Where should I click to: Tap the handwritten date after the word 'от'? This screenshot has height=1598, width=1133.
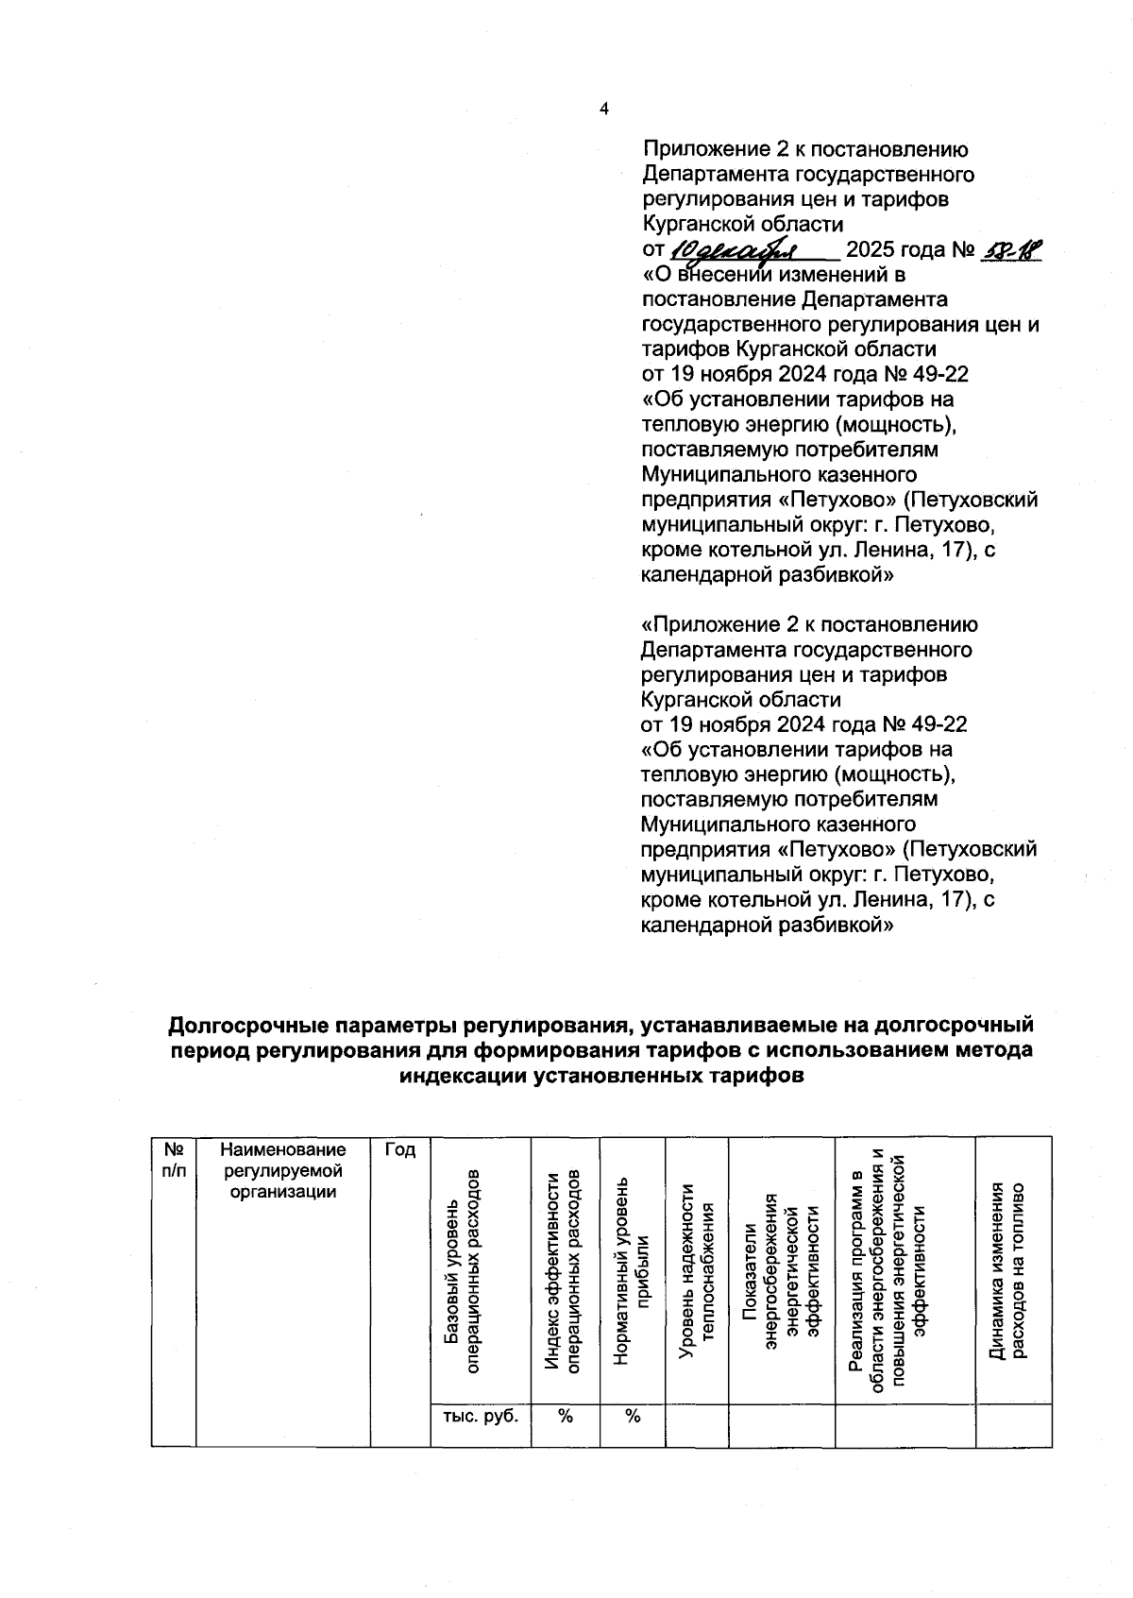(x=736, y=249)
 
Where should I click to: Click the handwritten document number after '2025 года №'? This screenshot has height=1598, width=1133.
(x=1011, y=249)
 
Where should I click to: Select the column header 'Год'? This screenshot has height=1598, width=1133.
(x=400, y=1149)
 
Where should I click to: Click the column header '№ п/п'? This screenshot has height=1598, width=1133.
(x=174, y=1159)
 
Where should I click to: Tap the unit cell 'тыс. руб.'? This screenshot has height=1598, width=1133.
(x=480, y=1415)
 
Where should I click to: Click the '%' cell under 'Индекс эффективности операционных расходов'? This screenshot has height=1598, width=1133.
(x=566, y=1415)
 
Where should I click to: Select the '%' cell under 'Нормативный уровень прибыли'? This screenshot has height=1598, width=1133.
(x=633, y=1415)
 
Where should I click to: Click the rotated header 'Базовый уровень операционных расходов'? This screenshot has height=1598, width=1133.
(x=463, y=1270)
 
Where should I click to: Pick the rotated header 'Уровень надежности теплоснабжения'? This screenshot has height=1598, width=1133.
(x=698, y=1270)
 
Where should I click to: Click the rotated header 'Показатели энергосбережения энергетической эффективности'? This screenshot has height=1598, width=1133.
(x=783, y=1270)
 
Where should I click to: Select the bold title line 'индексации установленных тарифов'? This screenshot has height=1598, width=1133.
(x=601, y=1075)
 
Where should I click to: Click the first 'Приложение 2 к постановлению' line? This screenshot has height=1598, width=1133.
(x=805, y=149)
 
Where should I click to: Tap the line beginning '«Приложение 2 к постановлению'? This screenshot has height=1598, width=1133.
(x=809, y=624)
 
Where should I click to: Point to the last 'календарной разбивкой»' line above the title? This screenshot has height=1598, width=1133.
(x=767, y=926)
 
